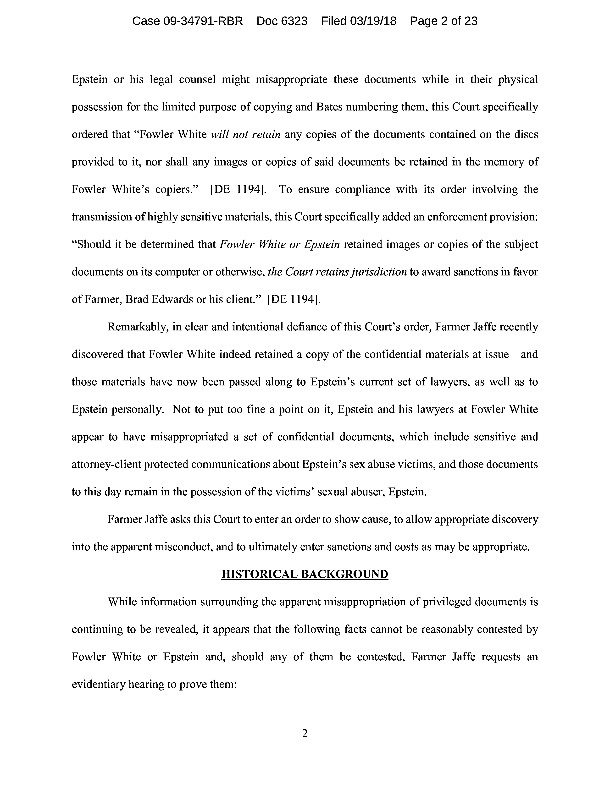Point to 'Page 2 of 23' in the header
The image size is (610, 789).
click(x=444, y=21)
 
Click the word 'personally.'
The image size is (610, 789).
click(x=139, y=409)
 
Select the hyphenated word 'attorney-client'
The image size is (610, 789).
click(x=106, y=464)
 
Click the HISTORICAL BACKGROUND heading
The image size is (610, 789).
click(x=305, y=574)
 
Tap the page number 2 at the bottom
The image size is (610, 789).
click(x=305, y=733)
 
